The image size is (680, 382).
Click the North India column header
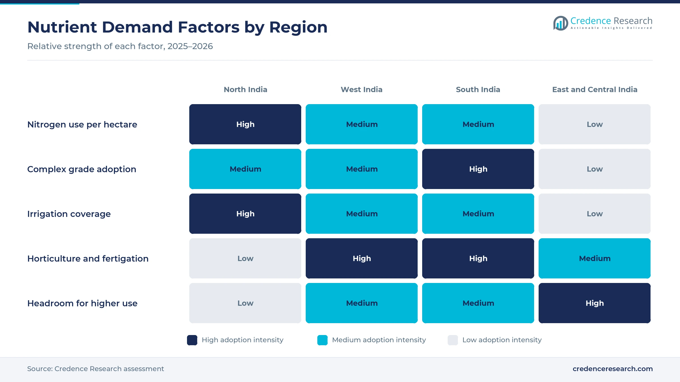coord(245,89)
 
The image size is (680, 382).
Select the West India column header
coord(362,89)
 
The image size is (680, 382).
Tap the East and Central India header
coord(595,89)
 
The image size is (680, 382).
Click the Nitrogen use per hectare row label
coord(82,125)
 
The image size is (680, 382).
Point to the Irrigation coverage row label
coord(69,214)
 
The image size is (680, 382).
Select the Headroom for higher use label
coord(82,303)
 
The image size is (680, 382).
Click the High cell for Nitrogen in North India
coord(245,124)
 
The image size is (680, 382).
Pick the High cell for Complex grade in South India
coord(478,169)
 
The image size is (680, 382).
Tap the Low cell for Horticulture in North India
coord(245,258)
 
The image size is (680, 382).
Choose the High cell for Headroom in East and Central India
coord(595,303)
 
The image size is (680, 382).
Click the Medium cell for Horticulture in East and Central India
coord(595,258)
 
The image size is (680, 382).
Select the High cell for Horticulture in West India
coord(362,258)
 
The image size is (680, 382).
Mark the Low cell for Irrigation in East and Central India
coord(595,214)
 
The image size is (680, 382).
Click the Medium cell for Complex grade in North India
coord(245,169)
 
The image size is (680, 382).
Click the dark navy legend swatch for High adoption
coord(192,340)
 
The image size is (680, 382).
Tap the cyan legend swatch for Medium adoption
coord(322,340)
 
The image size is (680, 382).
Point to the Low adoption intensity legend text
coord(502,340)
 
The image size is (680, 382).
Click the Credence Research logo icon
coord(561,23)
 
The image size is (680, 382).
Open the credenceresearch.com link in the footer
coord(613,369)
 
